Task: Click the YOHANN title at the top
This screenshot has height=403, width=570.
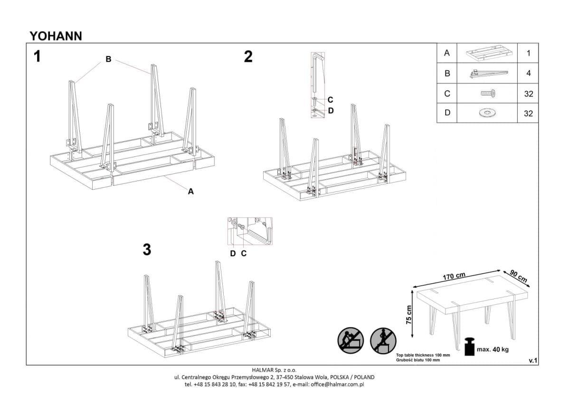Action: [x=56, y=36]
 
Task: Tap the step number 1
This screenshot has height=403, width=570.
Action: [x=37, y=57]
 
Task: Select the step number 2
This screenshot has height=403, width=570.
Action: [x=248, y=57]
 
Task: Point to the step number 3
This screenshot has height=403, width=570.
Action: [x=147, y=249]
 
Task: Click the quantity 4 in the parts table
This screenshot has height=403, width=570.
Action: [x=528, y=74]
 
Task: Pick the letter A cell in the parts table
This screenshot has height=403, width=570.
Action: [x=446, y=53]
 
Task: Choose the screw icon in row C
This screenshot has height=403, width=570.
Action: [x=487, y=93]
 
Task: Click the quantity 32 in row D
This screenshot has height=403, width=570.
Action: [x=528, y=113]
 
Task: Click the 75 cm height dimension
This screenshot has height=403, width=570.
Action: [x=409, y=315]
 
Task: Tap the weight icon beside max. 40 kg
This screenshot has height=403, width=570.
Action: [x=469, y=347]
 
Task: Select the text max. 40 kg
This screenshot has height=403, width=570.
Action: [x=493, y=350]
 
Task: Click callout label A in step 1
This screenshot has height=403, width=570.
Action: [x=191, y=192]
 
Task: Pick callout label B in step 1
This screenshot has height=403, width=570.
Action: [x=108, y=59]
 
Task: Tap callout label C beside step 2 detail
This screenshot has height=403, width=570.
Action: [x=330, y=100]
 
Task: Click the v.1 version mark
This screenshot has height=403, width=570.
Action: [x=532, y=361]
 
